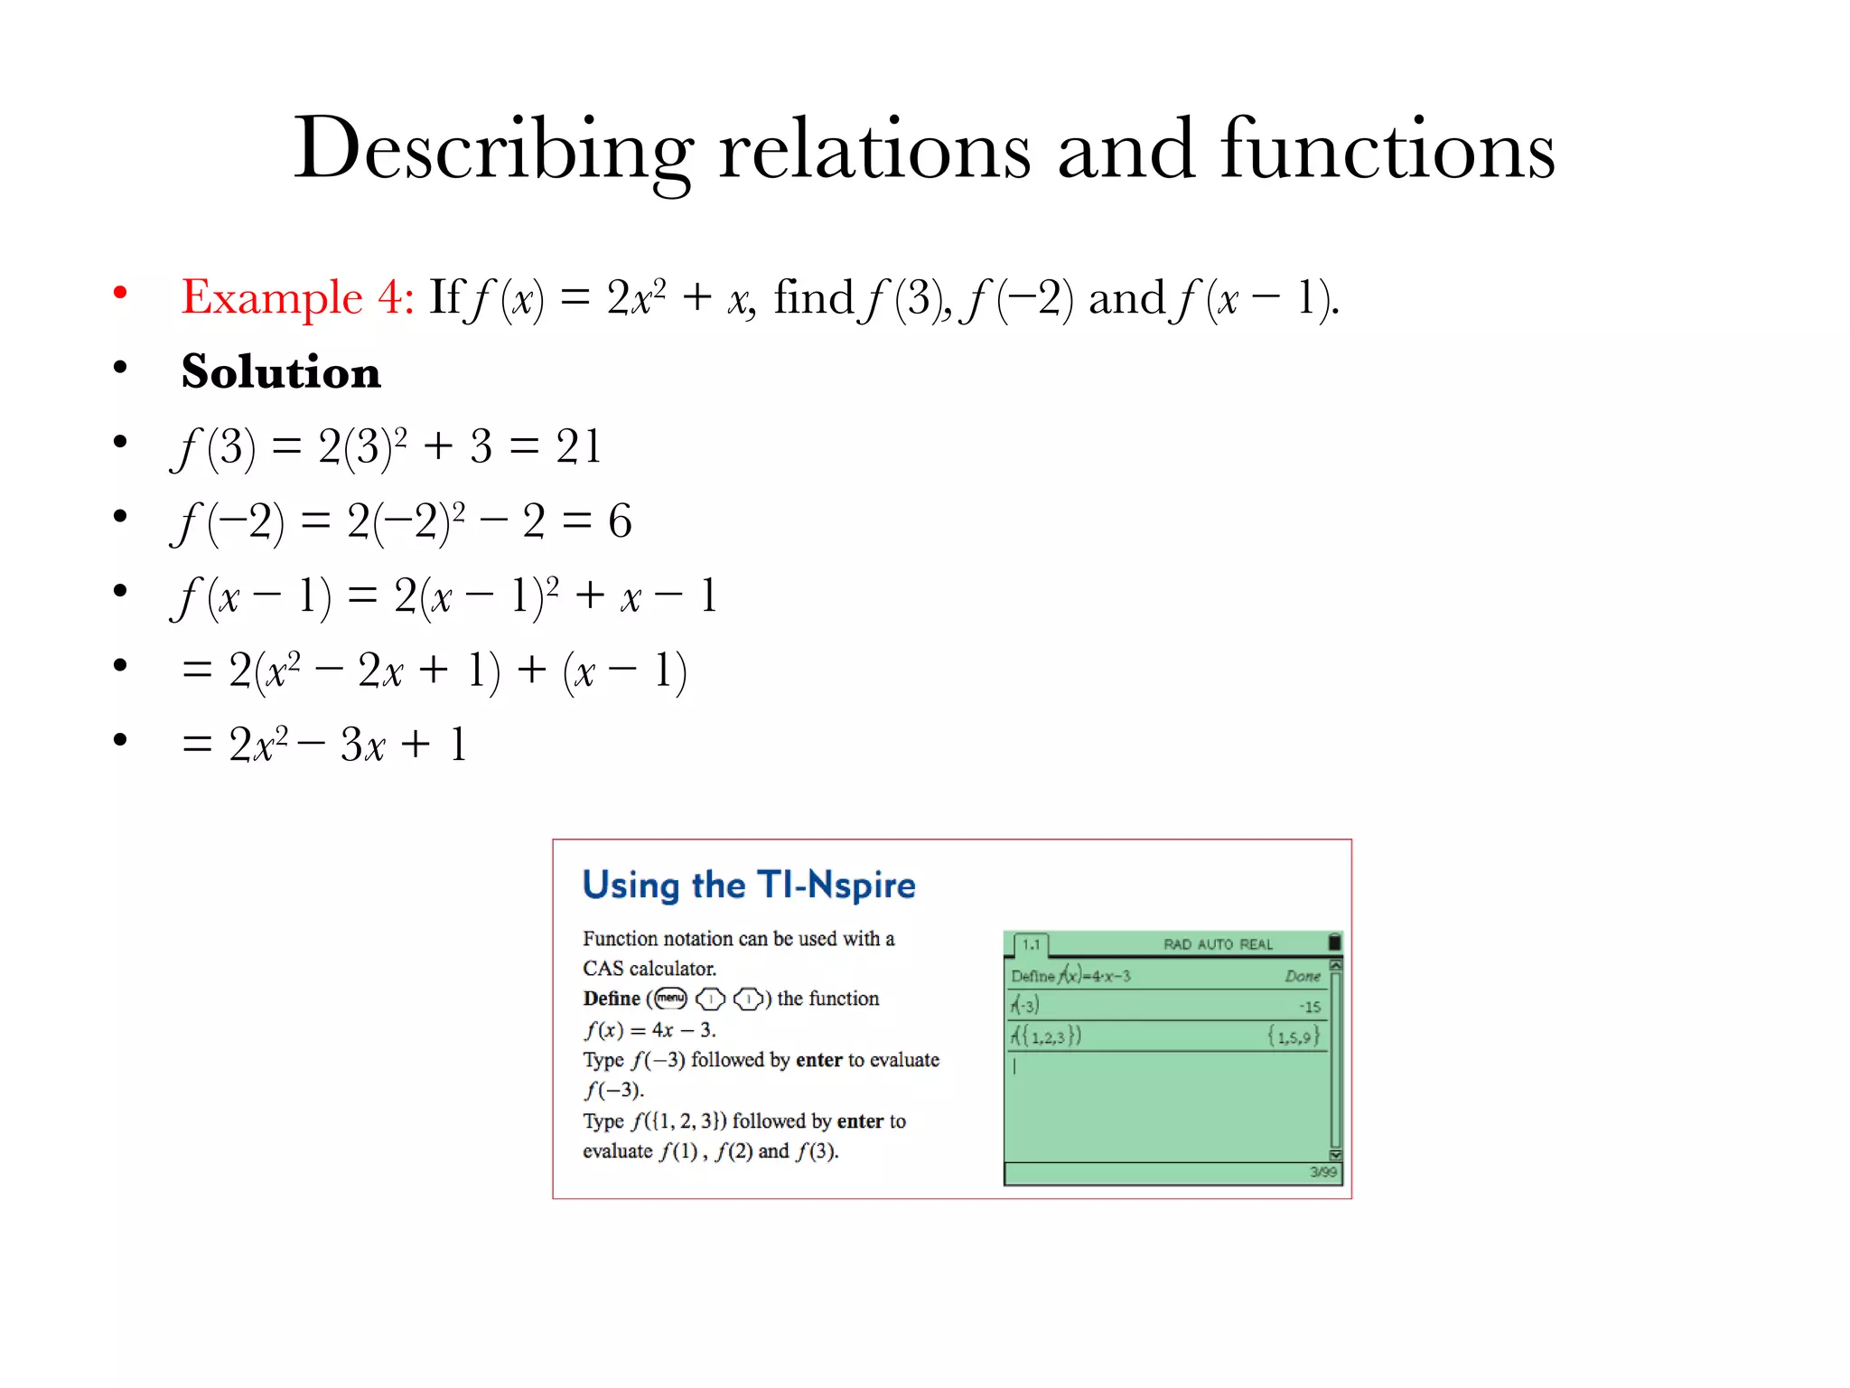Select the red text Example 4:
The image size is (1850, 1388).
pos(297,297)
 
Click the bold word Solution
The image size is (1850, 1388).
pos(281,371)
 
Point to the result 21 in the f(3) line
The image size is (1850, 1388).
pos(578,446)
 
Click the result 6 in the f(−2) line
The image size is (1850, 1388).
pos(620,521)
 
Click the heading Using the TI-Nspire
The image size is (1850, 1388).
pos(749,885)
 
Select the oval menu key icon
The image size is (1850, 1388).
pos(670,999)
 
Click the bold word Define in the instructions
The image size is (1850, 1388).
pos(612,999)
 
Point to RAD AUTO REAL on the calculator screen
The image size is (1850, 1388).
pos(1218,944)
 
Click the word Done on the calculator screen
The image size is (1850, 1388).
pos(1303,976)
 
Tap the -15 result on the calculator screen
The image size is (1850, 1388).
pos(1310,1007)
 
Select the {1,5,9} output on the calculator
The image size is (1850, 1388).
pos(1294,1036)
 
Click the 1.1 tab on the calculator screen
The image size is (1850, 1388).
pos(1031,944)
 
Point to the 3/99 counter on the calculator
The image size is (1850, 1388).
pos(1323,1172)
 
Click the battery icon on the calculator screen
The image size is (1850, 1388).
pos(1334,943)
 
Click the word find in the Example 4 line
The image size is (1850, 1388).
pos(813,297)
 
